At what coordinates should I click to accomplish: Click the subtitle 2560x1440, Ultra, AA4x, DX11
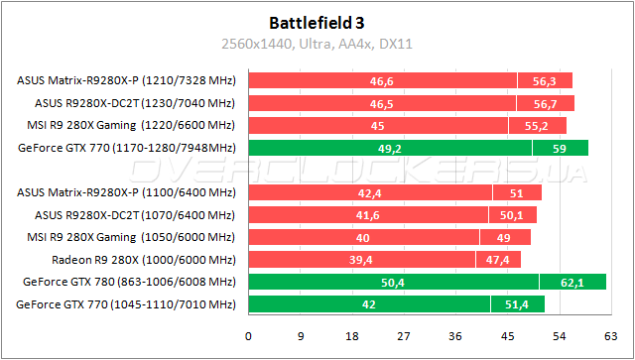[x=317, y=43]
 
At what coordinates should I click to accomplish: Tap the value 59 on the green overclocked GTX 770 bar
[x=560, y=148]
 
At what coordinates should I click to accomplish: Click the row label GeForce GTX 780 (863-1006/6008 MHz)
[x=126, y=283]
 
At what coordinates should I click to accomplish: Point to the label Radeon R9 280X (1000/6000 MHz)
[x=143, y=260]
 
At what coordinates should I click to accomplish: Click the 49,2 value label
[x=389, y=148]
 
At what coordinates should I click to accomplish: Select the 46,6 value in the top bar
[x=381, y=80]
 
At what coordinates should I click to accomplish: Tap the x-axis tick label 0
[x=248, y=335]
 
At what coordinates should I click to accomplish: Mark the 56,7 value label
[x=544, y=103]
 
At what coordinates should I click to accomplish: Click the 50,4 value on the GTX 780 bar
[x=393, y=283]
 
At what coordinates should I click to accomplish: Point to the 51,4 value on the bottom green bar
[x=517, y=304]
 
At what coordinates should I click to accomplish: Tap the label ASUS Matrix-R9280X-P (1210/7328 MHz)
[x=126, y=80]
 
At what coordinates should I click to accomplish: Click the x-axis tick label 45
[x=507, y=335]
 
